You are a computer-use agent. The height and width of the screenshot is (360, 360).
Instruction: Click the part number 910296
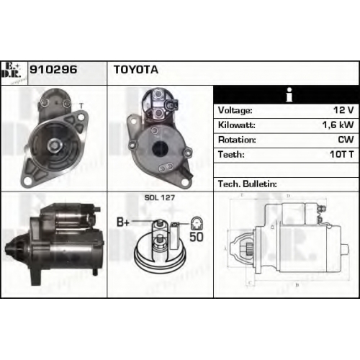pyautogui.click(x=53, y=70)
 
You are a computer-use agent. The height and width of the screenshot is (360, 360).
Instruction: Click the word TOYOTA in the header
pyautogui.click(x=136, y=70)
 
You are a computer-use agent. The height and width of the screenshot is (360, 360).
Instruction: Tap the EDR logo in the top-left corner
pyautogui.click(x=12, y=71)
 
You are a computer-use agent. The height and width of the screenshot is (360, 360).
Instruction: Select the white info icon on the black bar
pyautogui.click(x=289, y=94)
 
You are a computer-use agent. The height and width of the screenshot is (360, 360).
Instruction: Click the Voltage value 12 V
pyautogui.click(x=343, y=110)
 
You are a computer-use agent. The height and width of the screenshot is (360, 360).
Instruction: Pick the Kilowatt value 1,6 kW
pyautogui.click(x=338, y=125)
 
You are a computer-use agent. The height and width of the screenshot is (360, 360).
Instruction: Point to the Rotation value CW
pyautogui.click(x=346, y=140)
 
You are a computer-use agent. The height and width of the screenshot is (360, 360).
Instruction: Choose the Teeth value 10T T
pyautogui.click(x=341, y=154)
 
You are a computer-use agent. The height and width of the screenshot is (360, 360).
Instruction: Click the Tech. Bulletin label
pyautogui.click(x=248, y=184)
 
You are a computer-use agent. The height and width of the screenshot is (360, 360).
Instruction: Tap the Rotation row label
pyautogui.click(x=237, y=140)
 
